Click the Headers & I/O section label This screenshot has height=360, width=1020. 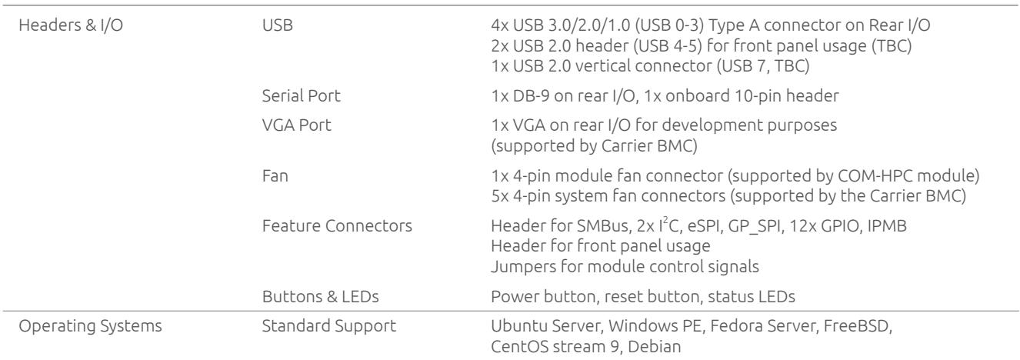click(x=71, y=25)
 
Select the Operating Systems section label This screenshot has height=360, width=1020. click(x=90, y=326)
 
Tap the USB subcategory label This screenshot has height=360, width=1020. click(x=278, y=25)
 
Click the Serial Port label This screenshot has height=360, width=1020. click(x=301, y=96)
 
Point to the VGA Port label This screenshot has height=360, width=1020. click(x=296, y=125)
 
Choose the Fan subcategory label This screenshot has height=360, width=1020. click(x=275, y=175)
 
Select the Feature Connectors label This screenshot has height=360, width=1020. click(x=337, y=225)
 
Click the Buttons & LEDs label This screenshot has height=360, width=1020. click(x=320, y=297)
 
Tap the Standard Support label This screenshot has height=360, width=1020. click(x=328, y=326)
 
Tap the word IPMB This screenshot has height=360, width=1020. click(x=887, y=225)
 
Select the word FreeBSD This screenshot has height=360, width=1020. click(x=858, y=326)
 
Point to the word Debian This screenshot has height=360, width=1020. click(x=655, y=347)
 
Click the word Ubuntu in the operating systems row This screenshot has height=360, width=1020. click(x=518, y=326)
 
